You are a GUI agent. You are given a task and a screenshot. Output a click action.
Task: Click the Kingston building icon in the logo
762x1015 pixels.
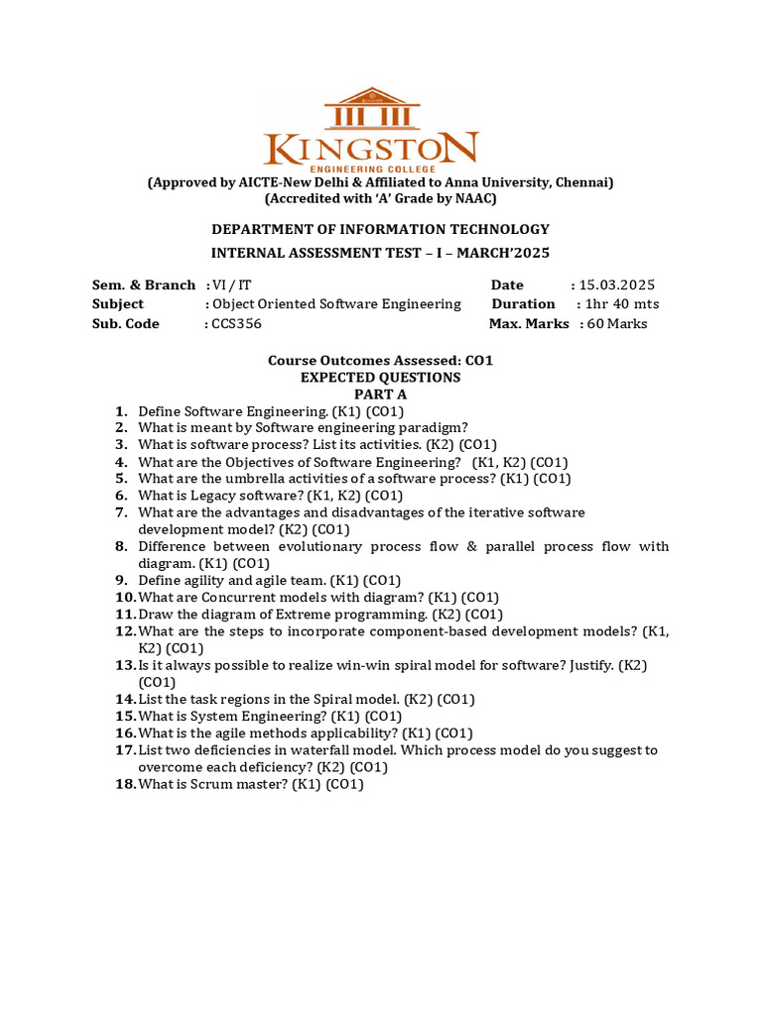click(372, 108)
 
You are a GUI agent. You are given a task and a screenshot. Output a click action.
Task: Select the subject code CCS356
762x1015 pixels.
click(237, 324)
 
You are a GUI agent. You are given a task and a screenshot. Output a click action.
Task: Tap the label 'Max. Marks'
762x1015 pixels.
click(529, 324)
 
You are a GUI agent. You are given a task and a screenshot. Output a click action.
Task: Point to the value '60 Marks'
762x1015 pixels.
click(616, 324)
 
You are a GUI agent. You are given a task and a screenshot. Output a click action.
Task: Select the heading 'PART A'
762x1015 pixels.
click(380, 395)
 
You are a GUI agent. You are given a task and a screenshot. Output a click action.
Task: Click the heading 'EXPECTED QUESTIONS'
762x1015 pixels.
click(380, 378)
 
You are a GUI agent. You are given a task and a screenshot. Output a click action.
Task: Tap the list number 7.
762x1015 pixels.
click(121, 512)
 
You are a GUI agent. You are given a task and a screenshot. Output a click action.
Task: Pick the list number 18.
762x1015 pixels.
click(124, 784)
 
